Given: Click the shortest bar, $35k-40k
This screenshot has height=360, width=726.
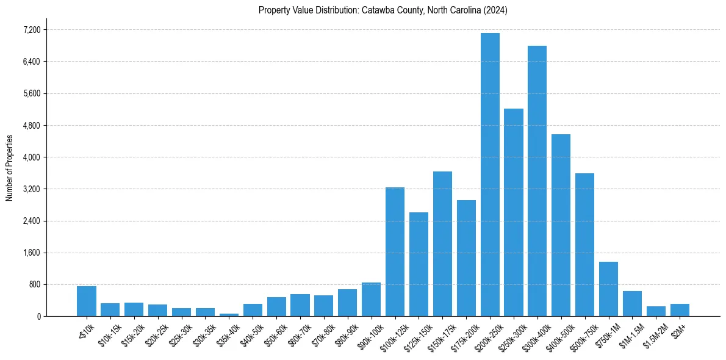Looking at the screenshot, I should [229, 314].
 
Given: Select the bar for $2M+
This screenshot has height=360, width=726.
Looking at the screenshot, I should [680, 310].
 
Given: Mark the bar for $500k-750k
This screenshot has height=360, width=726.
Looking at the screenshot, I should [584, 245].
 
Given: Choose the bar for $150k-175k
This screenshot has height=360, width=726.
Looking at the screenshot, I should [442, 243].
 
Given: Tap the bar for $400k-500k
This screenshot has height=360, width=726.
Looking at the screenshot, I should [561, 225].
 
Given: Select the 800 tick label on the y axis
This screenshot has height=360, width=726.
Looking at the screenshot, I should [34, 284].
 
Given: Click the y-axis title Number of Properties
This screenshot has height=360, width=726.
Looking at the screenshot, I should [9, 168].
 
